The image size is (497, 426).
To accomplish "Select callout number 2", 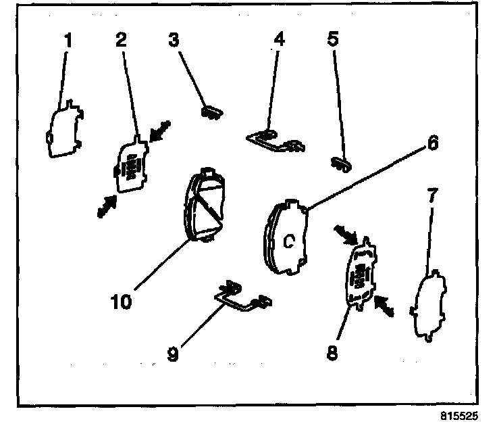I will (x=121, y=39).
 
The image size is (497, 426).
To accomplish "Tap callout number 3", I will (x=175, y=40).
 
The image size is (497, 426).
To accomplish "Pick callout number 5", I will (x=332, y=40).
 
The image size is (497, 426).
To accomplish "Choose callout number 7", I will (x=431, y=195).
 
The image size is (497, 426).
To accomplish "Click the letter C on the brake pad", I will (x=288, y=241).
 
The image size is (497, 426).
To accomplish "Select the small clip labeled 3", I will (x=211, y=111).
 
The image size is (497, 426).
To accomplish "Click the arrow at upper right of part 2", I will (x=159, y=132).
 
